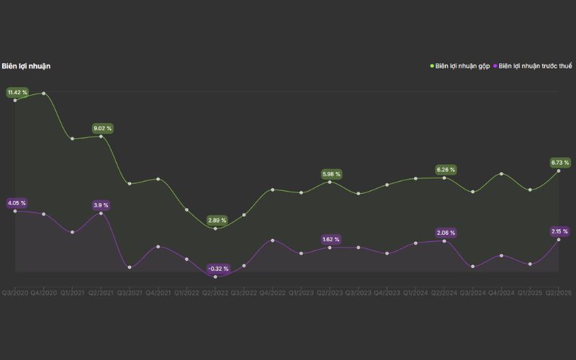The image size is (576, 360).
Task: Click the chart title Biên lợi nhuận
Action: pos(26,66)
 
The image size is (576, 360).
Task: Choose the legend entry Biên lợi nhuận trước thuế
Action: pos(535,66)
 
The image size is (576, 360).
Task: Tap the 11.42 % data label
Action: pos(17,92)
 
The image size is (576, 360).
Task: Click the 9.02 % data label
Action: pos(103,128)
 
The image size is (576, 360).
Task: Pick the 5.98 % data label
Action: pos(332,174)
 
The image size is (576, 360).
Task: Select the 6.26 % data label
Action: pos(446,169)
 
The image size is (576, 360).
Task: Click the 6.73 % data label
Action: pos(559,162)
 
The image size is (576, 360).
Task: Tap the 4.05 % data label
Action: pos(17,203)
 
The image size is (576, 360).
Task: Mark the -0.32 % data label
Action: pos(218,269)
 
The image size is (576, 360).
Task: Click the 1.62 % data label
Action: pos(331,239)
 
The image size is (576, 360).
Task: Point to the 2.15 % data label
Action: pos(559,231)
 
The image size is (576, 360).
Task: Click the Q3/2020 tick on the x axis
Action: pos(14,293)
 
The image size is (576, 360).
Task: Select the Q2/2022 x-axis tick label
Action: pos(215,293)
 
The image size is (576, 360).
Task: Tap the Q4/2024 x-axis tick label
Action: pos(502,293)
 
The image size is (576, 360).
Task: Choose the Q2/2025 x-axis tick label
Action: pos(559,293)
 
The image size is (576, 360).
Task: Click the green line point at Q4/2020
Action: pos(44,94)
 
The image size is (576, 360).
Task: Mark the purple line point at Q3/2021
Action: pos(130,267)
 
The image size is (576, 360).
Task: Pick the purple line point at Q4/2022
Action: pos(272,240)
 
